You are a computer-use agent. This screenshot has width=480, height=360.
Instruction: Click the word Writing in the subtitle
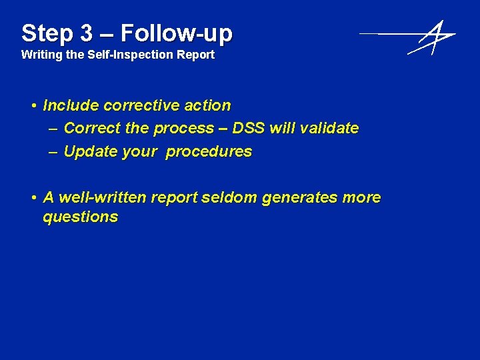coord(42,55)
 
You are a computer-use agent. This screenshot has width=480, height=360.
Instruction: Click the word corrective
coord(143,105)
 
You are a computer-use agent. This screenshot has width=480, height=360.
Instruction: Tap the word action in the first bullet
coord(208,105)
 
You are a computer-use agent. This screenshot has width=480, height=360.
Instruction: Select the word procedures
coord(209,152)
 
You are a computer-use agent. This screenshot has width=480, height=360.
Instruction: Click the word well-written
coord(102,197)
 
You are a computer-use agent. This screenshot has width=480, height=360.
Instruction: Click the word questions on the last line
coord(80,217)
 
